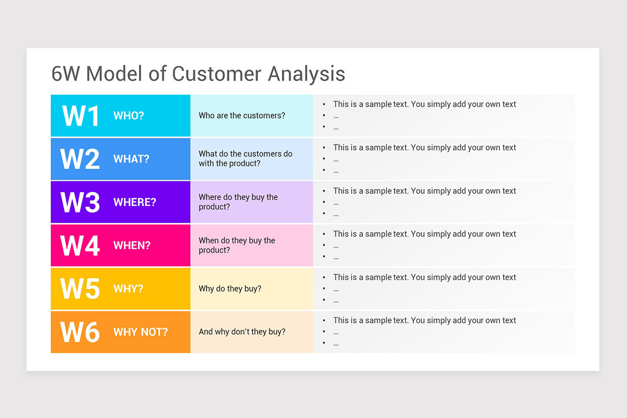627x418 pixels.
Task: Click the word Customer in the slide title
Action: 216,74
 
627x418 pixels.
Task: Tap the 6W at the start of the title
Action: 65,74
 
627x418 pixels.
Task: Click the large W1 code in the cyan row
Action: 80,115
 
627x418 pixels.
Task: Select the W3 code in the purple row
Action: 80,202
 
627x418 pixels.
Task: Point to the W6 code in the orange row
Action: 80,332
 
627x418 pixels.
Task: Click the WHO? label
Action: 129,115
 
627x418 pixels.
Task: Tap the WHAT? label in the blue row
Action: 131,159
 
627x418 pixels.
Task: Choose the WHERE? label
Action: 135,202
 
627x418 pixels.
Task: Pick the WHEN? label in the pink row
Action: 132,246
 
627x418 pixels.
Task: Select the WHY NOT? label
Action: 141,332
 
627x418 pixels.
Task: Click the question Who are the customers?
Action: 242,115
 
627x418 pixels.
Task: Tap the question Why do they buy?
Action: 230,288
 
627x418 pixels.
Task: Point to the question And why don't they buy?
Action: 242,332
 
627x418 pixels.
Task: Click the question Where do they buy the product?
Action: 238,202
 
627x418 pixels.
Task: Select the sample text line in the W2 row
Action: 424,147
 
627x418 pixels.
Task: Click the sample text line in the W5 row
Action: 424,277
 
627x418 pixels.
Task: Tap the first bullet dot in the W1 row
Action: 324,104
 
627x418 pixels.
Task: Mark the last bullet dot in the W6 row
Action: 324,343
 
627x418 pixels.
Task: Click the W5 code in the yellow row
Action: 80,288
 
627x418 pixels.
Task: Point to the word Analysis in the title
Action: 307,74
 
